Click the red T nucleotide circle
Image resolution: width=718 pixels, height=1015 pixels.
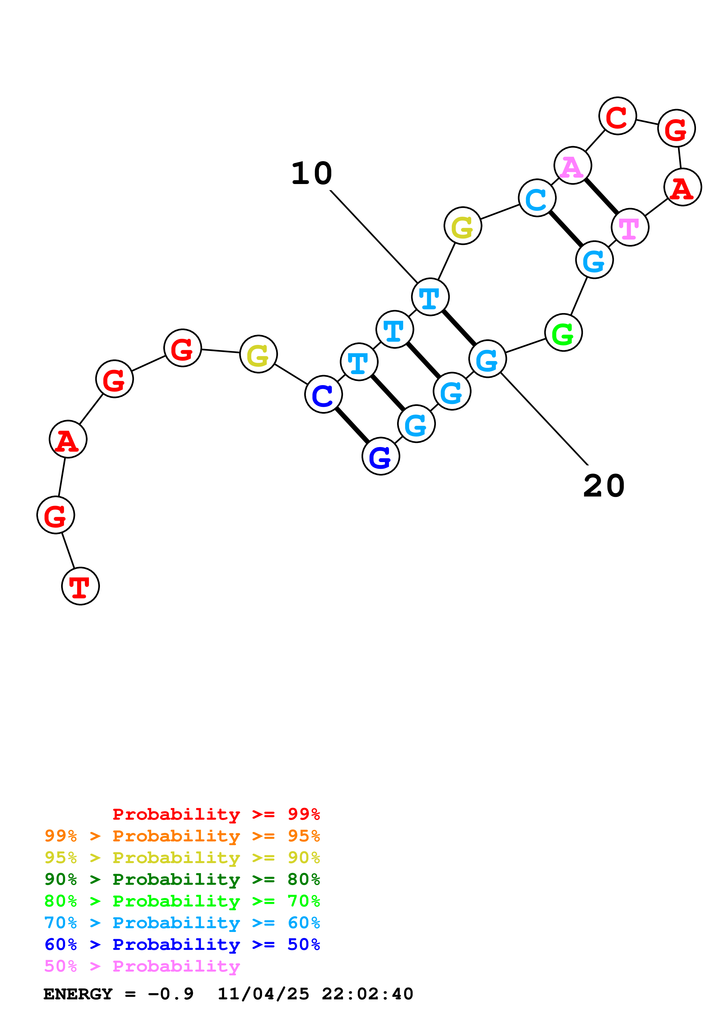click(x=80, y=586)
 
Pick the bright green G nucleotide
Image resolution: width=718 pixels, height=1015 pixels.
click(x=563, y=332)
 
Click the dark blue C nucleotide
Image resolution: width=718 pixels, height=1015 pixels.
click(x=324, y=394)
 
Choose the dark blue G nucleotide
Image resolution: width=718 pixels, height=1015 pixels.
click(x=381, y=456)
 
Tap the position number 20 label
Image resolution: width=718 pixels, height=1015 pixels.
click(x=604, y=486)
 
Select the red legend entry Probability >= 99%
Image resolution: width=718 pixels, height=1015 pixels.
click(x=216, y=814)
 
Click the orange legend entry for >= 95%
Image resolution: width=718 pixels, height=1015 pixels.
click(x=182, y=836)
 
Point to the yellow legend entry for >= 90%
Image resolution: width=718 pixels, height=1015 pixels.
click(x=182, y=858)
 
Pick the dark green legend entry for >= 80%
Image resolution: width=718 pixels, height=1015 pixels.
click(x=182, y=879)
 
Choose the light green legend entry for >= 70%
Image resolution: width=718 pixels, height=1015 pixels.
click(x=182, y=901)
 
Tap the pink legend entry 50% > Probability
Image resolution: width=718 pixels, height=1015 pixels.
click(x=142, y=966)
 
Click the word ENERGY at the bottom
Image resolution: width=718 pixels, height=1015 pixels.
click(x=78, y=994)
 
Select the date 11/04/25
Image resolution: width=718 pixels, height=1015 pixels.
click(x=263, y=994)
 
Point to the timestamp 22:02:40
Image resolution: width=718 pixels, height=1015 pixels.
click(x=367, y=994)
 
